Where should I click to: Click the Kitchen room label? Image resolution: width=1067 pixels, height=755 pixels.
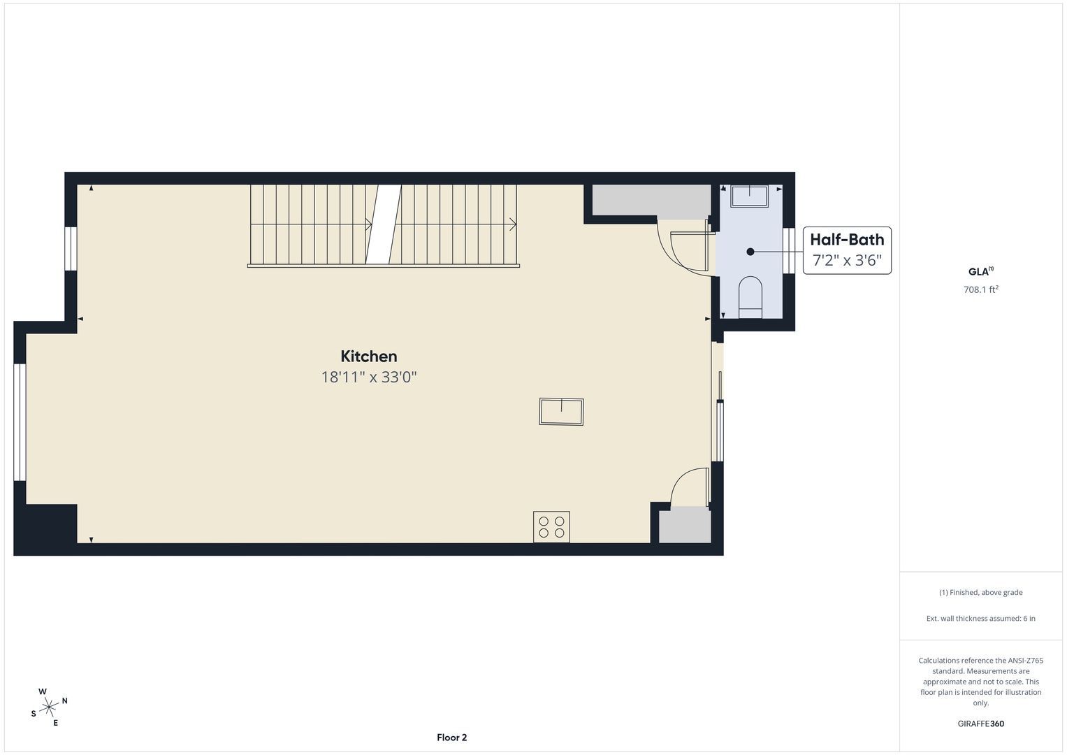[x=369, y=357]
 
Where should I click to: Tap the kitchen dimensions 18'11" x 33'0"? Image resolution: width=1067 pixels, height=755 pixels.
[x=369, y=377]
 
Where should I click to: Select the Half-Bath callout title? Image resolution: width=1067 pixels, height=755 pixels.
[x=847, y=239]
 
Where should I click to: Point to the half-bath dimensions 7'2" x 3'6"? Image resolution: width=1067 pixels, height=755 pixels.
[x=847, y=260]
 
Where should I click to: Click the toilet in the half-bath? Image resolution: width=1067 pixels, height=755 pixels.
[x=750, y=297]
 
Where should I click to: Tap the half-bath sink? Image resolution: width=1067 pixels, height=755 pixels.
[x=750, y=196]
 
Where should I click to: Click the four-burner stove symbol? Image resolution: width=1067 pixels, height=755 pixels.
[x=551, y=526]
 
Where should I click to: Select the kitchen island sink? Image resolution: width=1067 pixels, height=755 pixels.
[x=561, y=411]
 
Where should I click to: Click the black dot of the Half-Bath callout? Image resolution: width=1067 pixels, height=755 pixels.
[x=750, y=252]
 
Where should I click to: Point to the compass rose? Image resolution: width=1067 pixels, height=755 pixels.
[x=49, y=707]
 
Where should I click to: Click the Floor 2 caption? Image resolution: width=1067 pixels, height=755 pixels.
[x=451, y=738]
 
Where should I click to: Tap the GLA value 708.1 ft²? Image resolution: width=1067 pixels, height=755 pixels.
[x=981, y=289]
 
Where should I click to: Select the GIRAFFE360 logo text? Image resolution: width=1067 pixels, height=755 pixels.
[x=981, y=724]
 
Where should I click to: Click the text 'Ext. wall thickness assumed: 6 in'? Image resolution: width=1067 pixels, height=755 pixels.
[x=981, y=618]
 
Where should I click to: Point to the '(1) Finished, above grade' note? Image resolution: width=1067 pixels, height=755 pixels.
[x=981, y=593]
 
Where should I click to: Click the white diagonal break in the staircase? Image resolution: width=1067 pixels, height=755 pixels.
[x=384, y=224]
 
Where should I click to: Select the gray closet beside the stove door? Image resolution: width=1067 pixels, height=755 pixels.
[x=685, y=524]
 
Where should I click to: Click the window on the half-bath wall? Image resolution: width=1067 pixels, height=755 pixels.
[x=789, y=250]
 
